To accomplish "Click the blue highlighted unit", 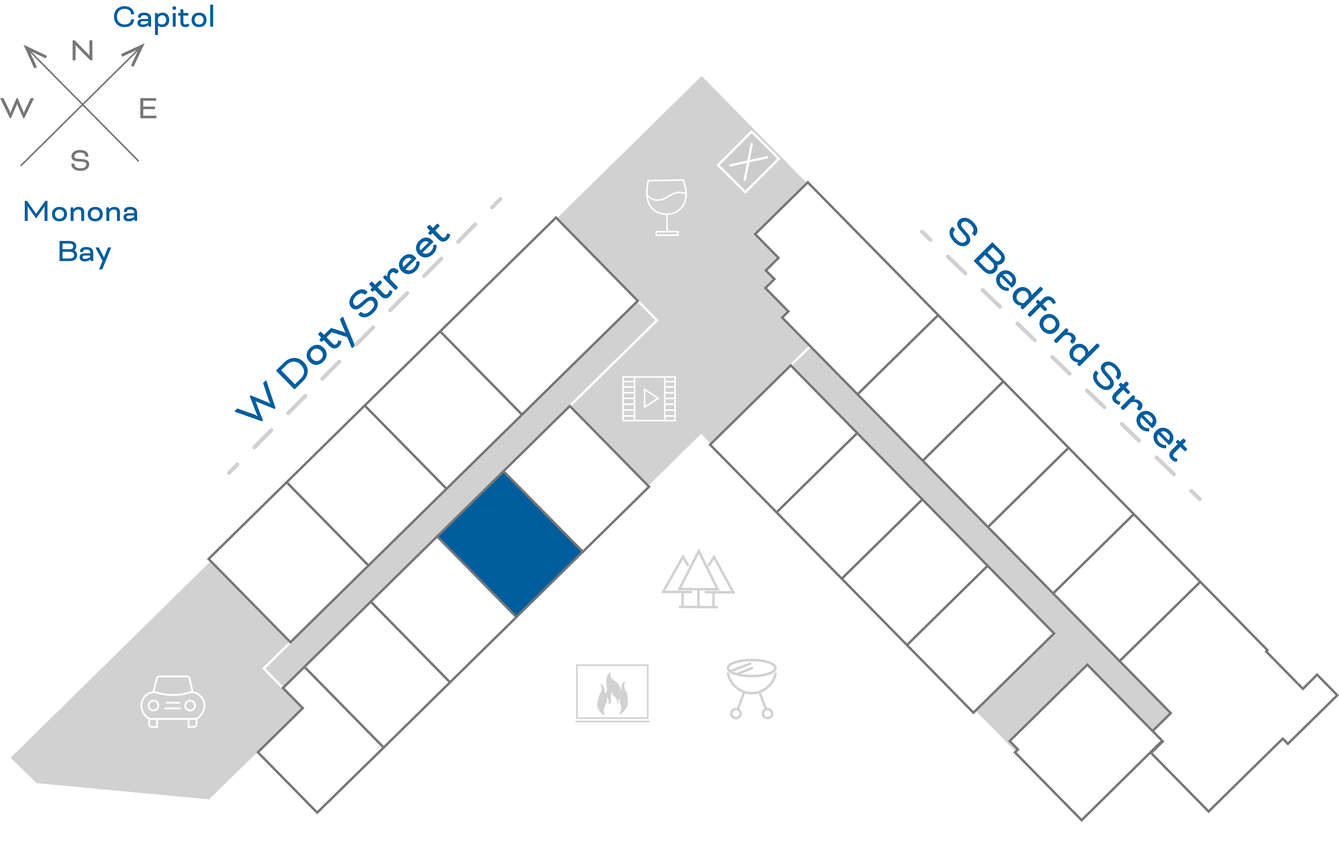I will (x=510, y=544).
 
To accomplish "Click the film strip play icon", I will (x=649, y=398).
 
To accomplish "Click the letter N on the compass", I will (x=82, y=51).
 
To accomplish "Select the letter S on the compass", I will (x=80, y=161).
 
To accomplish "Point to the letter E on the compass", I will (x=148, y=108).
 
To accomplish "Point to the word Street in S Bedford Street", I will (x=1140, y=412).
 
